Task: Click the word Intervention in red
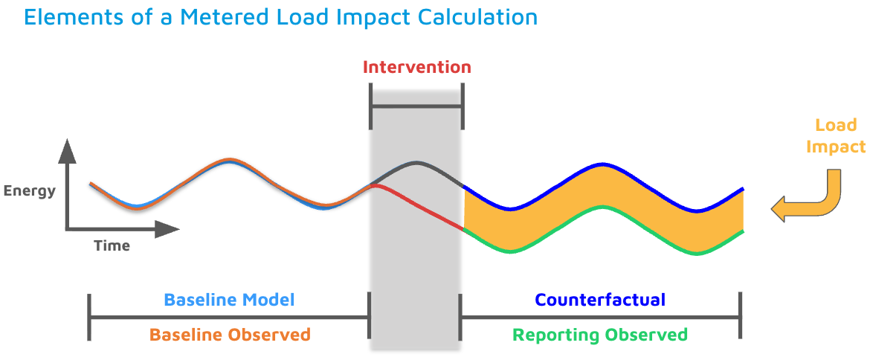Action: tap(416, 68)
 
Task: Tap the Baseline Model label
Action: tap(229, 300)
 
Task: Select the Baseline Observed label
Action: tap(230, 335)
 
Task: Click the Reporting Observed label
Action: tap(600, 335)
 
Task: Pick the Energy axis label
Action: tap(30, 191)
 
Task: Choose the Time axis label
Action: tap(112, 245)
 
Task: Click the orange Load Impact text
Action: tap(836, 136)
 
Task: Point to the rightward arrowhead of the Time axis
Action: tap(167, 229)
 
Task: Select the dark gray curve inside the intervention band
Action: tap(417, 163)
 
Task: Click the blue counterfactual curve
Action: tap(603, 164)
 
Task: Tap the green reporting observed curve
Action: tap(603, 207)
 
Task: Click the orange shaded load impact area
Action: tap(603, 186)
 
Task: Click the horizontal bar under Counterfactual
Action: tap(601, 318)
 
